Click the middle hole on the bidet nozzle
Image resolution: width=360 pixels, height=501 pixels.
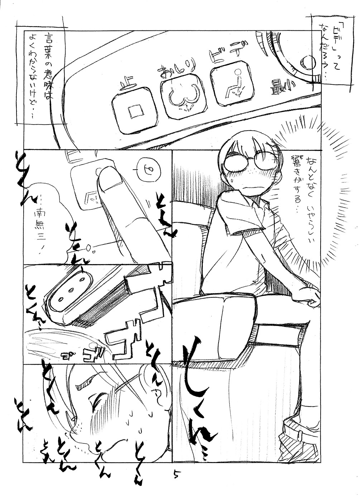(70, 290)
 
